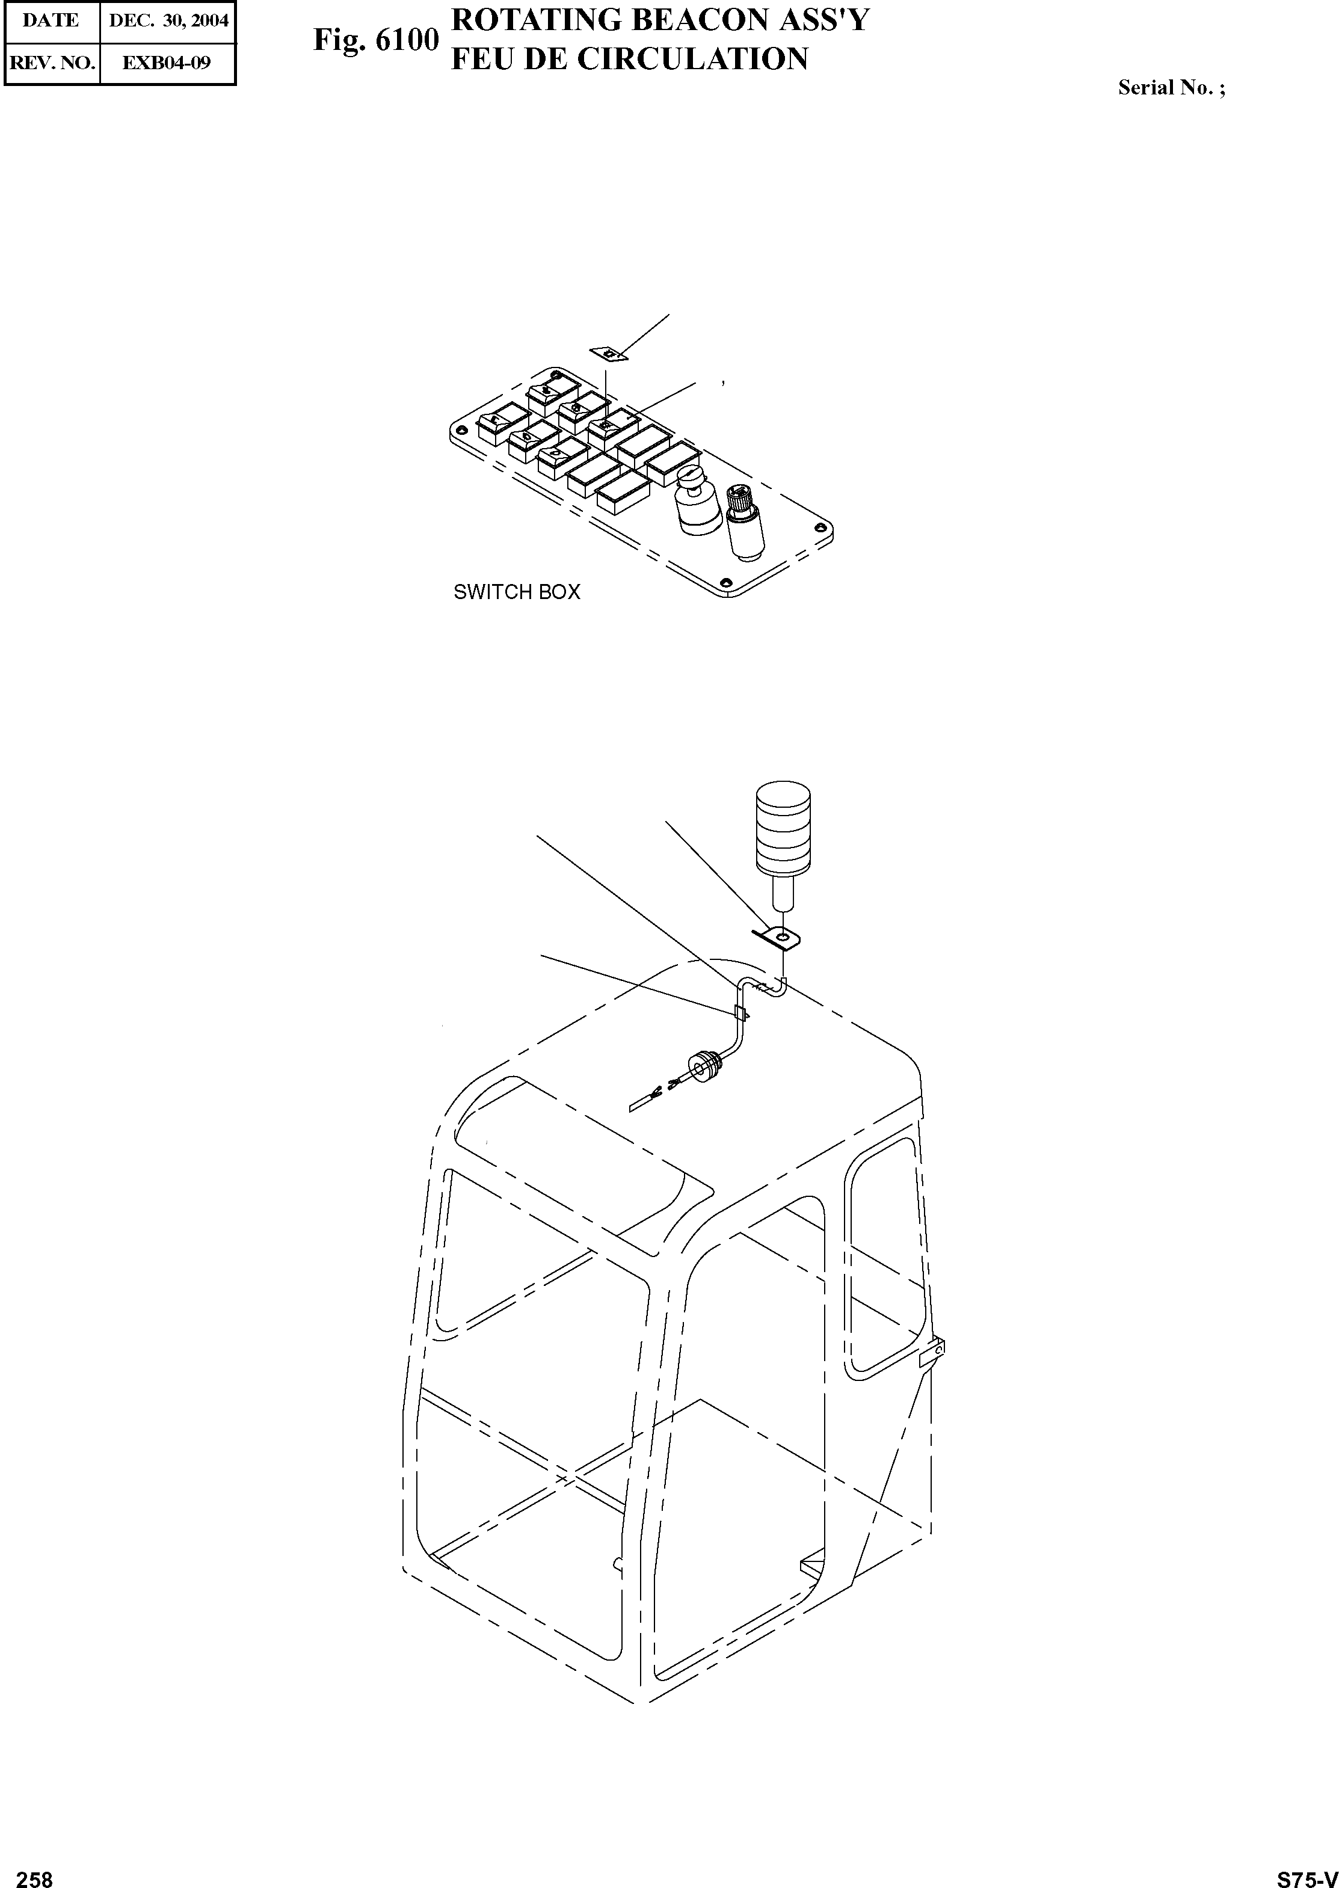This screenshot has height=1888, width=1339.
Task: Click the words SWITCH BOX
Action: (x=517, y=592)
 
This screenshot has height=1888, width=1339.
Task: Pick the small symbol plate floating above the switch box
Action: (x=609, y=354)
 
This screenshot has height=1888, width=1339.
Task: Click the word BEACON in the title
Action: (x=709, y=19)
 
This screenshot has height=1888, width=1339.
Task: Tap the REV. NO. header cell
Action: (x=51, y=63)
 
